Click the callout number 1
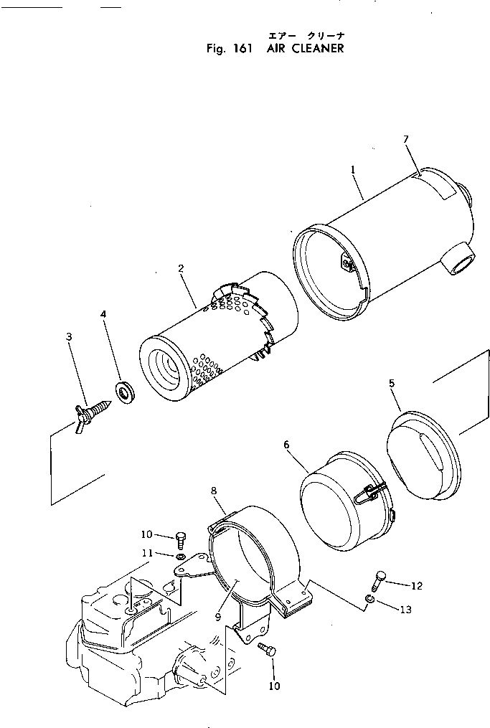[353, 169]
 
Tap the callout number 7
[406, 138]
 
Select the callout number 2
[181, 268]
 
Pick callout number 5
[392, 384]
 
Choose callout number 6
[287, 444]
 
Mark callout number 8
[213, 491]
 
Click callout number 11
[146, 553]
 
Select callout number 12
[417, 585]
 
